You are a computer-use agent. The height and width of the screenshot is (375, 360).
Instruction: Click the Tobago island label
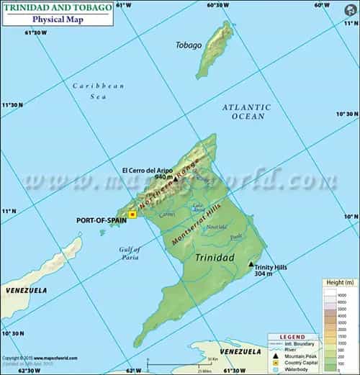(189, 45)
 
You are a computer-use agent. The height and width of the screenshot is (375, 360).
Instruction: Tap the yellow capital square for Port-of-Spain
(132, 214)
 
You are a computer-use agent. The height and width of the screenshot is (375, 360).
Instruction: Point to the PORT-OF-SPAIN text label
(101, 221)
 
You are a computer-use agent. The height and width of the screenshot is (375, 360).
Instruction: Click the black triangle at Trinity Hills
(251, 264)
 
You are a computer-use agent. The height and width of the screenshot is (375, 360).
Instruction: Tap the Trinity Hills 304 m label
(271, 271)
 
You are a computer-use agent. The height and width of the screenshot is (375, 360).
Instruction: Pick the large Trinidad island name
(214, 256)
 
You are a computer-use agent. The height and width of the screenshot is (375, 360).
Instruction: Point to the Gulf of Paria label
(130, 253)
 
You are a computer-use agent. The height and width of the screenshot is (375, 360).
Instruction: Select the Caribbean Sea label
(99, 90)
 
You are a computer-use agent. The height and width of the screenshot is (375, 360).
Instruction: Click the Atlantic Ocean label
(246, 112)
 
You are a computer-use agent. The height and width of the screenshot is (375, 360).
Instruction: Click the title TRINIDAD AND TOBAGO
(57, 7)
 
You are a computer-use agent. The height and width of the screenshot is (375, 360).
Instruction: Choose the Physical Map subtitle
(58, 19)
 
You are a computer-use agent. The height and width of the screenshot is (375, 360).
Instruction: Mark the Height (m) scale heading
(341, 282)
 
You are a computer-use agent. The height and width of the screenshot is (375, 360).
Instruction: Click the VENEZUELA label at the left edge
(26, 290)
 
